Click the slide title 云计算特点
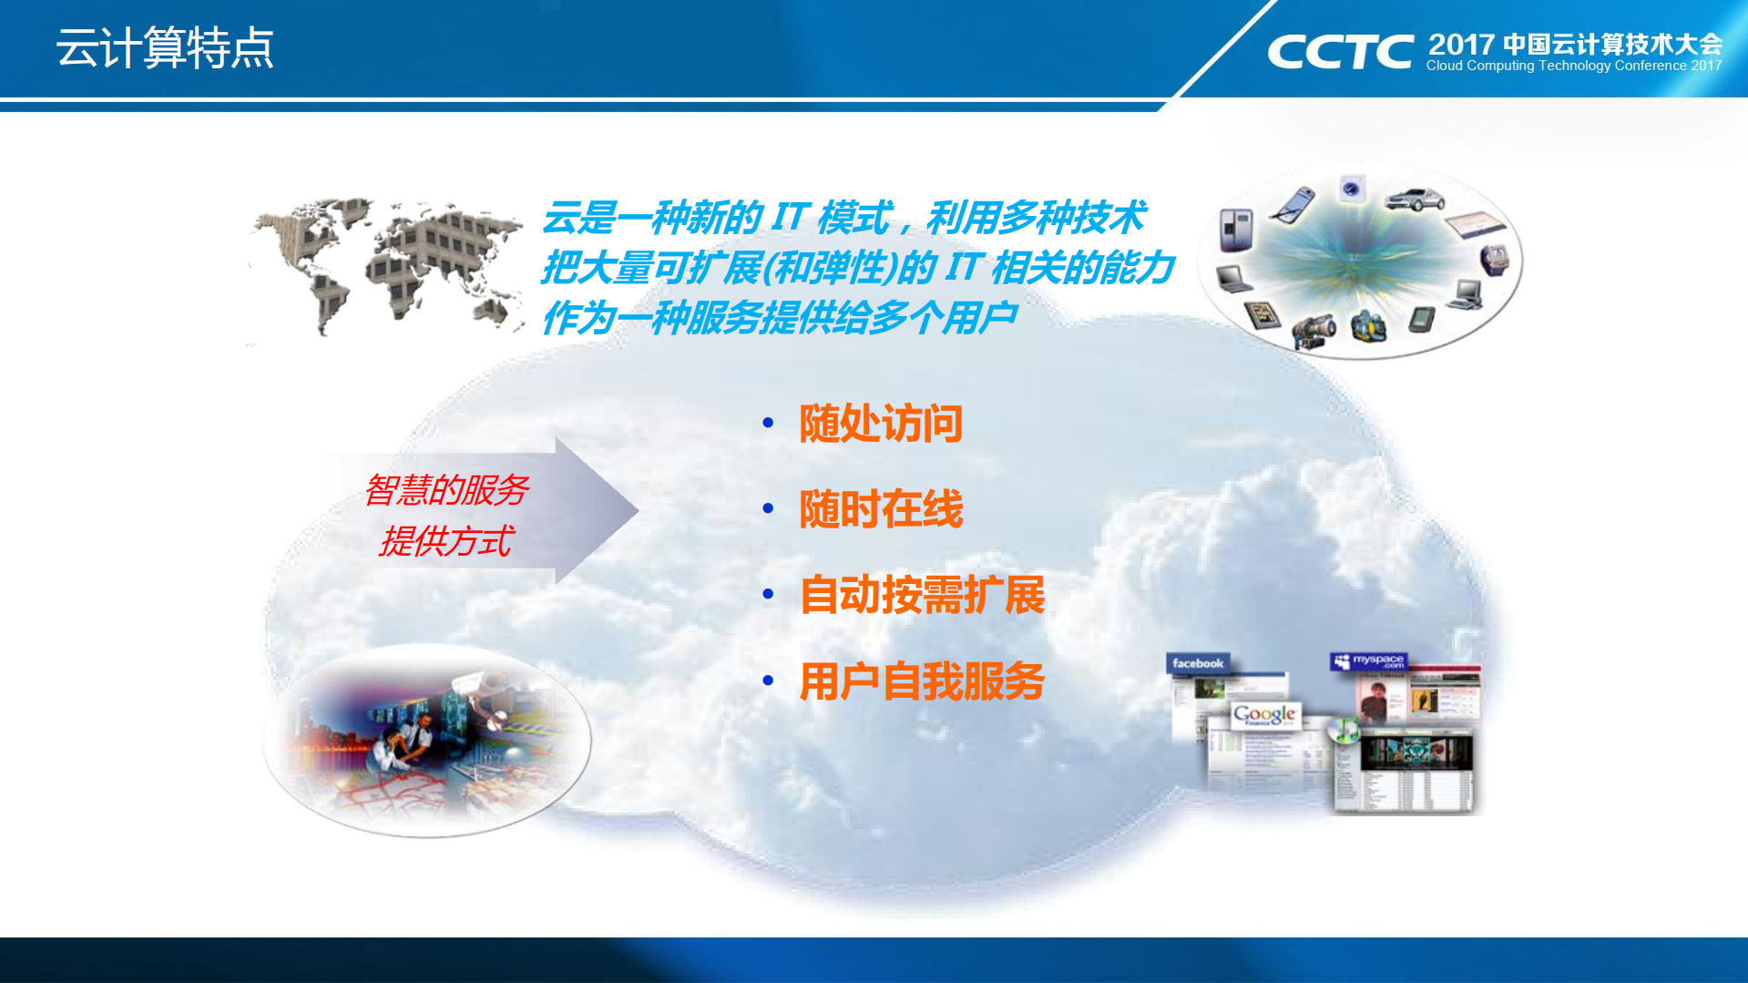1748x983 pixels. click(165, 47)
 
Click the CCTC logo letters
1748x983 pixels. click(1340, 52)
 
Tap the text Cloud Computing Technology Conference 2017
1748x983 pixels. click(1573, 66)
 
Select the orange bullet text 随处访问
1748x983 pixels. click(880, 424)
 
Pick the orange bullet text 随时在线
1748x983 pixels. click(880, 509)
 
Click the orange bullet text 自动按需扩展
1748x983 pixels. click(922, 595)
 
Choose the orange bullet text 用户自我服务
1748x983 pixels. click(922, 681)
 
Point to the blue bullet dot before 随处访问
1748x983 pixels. click(768, 423)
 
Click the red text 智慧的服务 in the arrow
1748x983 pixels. click(446, 490)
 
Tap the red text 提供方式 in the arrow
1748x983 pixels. click(446, 541)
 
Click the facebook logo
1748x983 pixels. click(1198, 663)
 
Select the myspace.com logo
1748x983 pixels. click(1369, 660)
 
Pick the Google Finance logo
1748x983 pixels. click(1264, 715)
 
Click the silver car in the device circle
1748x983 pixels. click(1414, 199)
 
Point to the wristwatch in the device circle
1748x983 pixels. click(1494, 260)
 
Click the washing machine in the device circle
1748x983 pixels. click(1351, 189)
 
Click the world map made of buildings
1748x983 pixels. click(387, 264)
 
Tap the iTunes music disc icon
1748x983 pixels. click(1343, 729)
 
